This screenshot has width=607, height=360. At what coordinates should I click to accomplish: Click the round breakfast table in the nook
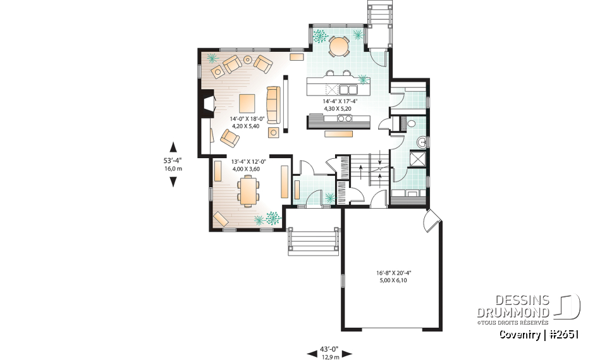tap(340, 46)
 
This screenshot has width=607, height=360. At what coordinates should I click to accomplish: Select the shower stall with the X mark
tap(417, 158)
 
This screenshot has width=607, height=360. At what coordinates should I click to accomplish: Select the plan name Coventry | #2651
tap(539, 335)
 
